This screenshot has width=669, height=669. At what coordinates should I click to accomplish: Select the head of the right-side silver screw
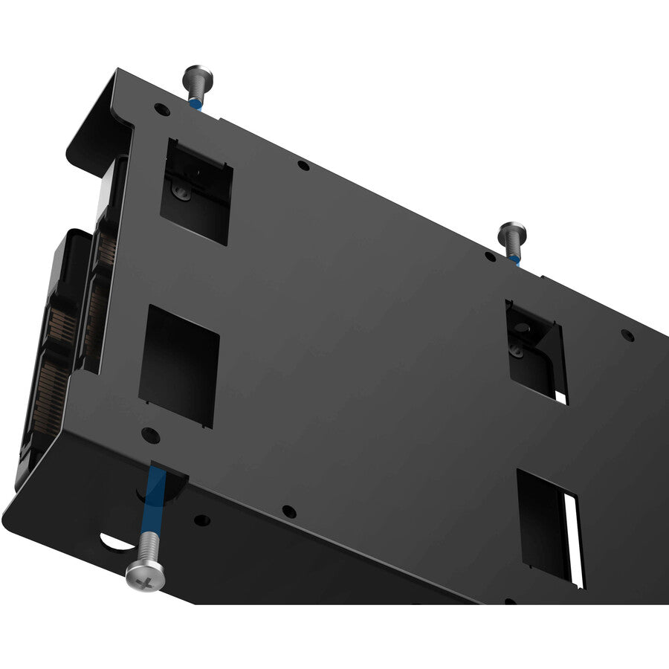[511, 231]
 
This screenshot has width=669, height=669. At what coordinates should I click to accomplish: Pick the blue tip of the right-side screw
[514, 259]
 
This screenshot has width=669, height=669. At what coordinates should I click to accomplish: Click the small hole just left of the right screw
[490, 256]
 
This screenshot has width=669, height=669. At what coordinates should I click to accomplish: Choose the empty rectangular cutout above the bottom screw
[180, 364]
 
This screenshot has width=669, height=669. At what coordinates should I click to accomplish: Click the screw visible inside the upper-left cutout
[181, 192]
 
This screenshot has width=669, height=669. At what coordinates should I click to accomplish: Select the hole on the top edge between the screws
[303, 165]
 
